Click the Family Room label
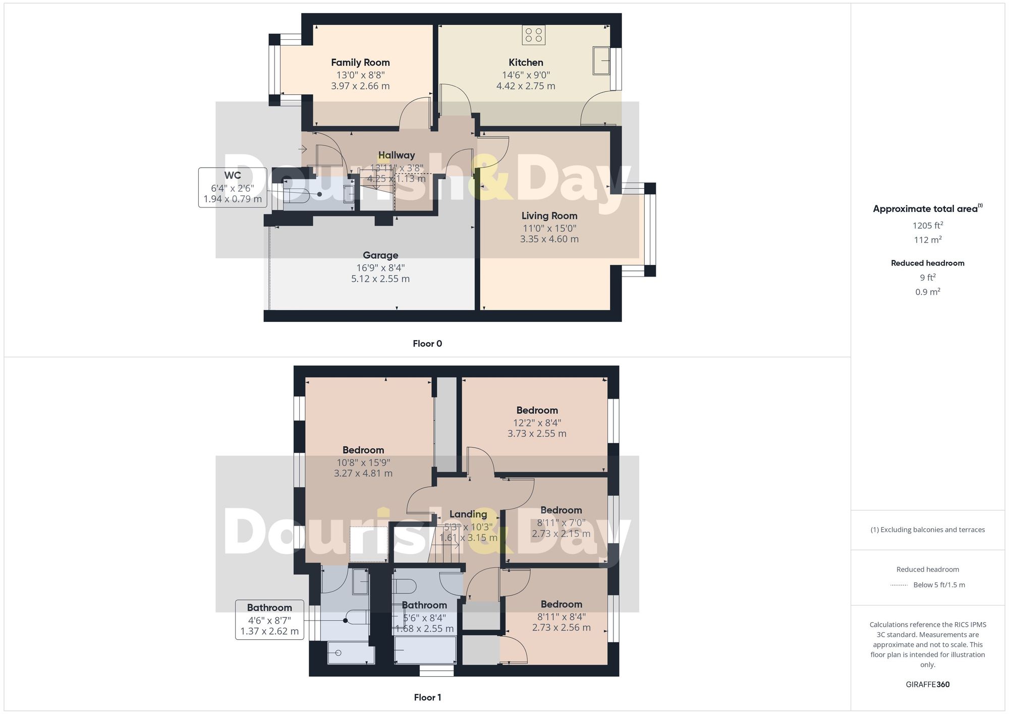click(x=360, y=63)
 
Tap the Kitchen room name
click(x=526, y=63)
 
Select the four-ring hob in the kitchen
click(x=533, y=35)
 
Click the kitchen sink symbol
click(x=601, y=61)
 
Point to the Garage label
click(x=380, y=255)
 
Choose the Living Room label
click(x=549, y=216)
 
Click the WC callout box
click(x=233, y=187)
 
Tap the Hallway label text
click(x=397, y=155)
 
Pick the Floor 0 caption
click(x=427, y=344)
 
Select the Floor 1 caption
click(x=427, y=697)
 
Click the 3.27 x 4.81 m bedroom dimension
click(x=363, y=473)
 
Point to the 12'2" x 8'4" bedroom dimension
click(x=537, y=422)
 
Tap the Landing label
click(x=468, y=514)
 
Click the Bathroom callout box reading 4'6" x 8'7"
click(x=269, y=619)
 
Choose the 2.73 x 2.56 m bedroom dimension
click(x=561, y=628)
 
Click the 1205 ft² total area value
click(x=928, y=226)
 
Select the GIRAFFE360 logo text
click(x=928, y=684)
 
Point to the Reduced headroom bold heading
click(x=928, y=263)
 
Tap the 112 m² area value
click(x=928, y=240)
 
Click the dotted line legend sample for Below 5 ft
click(x=899, y=585)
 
